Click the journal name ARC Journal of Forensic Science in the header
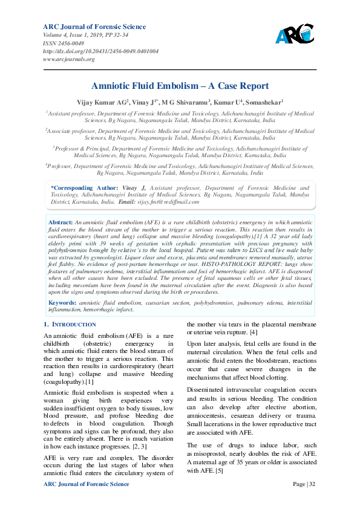(94, 27)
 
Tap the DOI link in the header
(100, 51)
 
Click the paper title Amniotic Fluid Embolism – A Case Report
(180, 87)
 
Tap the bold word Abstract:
(61, 206)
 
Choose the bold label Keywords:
(62, 302)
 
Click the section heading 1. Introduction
(70, 325)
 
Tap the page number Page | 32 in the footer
(304, 484)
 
